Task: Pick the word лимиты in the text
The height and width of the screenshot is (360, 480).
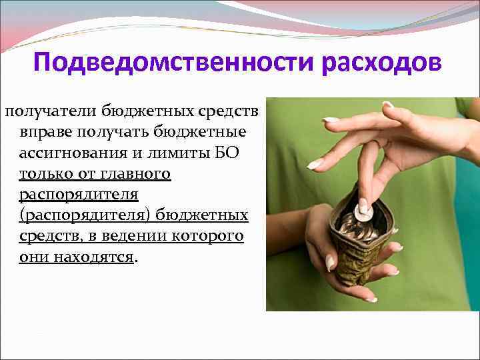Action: tap(178, 152)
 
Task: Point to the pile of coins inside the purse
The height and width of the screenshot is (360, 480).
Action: tap(357, 227)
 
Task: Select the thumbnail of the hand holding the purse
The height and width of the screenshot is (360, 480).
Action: tap(331, 262)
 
